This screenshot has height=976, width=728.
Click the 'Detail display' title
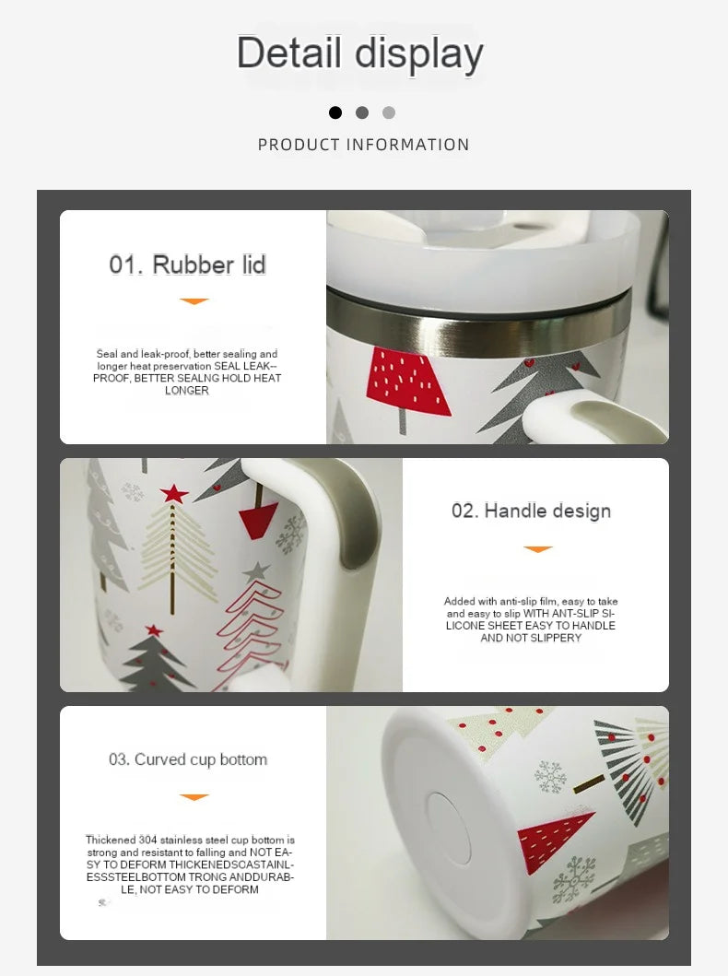359,53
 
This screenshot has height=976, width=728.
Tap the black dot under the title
335,112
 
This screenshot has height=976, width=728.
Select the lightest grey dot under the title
389,112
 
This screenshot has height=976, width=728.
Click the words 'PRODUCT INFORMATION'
363,145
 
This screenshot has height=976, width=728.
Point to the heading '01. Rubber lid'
187,265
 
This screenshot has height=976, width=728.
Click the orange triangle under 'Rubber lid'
194,301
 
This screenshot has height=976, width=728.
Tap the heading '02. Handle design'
531,511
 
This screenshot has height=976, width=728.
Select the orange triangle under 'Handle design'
538,549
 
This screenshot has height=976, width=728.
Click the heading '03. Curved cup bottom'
188,759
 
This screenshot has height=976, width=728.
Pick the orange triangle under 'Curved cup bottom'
194,796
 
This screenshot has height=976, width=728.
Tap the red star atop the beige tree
174,494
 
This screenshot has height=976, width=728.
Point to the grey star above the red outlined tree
256,571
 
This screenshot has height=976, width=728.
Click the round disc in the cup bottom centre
448,828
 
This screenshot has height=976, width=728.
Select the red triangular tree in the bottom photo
553,841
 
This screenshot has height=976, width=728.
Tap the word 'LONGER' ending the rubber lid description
187,390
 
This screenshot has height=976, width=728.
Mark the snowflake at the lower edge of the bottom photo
574,879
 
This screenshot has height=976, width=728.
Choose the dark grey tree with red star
152,660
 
